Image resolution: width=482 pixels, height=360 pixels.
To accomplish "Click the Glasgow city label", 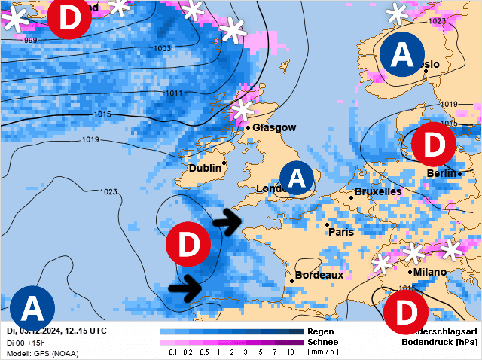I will coord(274,127).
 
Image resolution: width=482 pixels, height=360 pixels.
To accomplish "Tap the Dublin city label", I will coord(205,168).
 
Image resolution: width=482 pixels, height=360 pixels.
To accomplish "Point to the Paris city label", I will coord(341,232).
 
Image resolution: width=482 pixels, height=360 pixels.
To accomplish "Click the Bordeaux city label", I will coord(319,276).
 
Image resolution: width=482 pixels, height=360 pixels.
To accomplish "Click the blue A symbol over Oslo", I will coord(402,55).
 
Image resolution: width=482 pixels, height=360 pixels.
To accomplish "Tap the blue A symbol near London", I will coord(297,178).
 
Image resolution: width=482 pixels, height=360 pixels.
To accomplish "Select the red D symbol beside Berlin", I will coord(434,145).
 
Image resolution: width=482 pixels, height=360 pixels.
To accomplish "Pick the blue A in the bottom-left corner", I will coord(32,308).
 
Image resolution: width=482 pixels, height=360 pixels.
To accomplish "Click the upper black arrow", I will coord(227,221).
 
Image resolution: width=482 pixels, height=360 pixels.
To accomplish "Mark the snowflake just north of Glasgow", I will coord(242,111).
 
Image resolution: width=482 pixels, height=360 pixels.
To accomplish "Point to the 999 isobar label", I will coord(31,40).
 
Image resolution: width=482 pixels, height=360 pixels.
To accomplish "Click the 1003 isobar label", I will coord(161,49).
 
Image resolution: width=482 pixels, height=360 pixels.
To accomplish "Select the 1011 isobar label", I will coord(173,93).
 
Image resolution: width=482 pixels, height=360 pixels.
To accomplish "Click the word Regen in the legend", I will coord(322,331).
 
